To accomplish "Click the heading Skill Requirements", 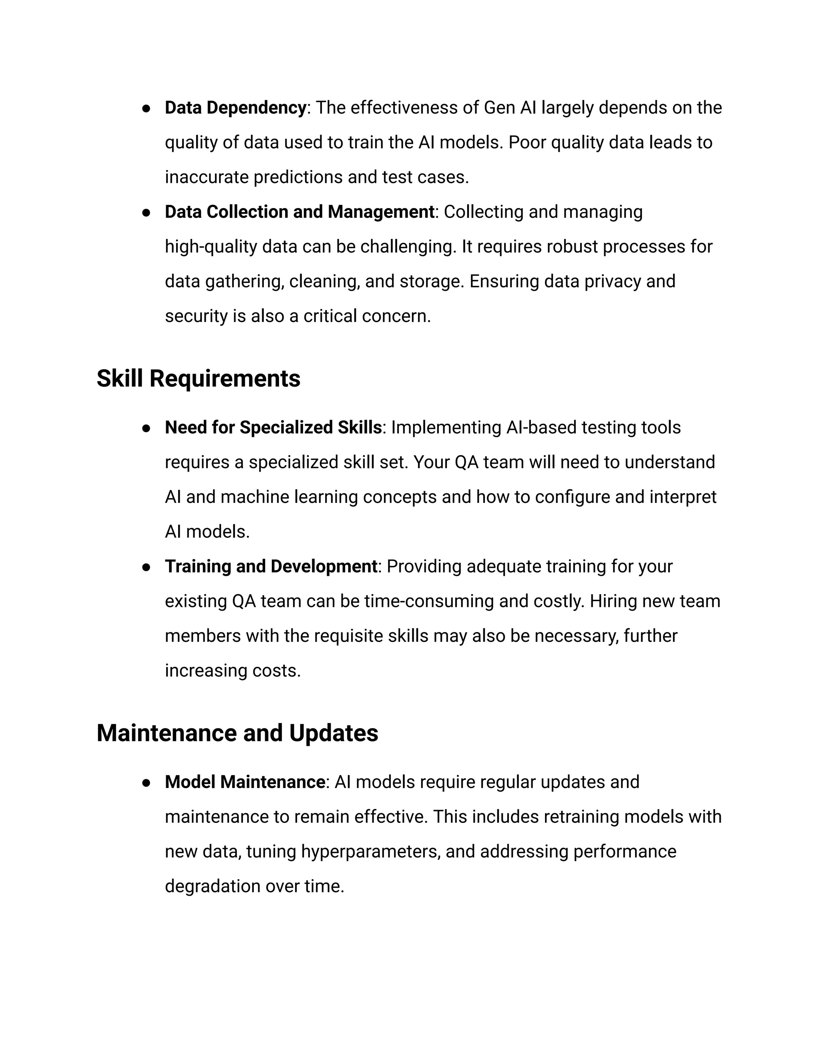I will [x=198, y=378].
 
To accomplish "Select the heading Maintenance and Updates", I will [x=237, y=733].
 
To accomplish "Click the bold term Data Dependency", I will [x=235, y=107].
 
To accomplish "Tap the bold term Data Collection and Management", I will [x=299, y=212].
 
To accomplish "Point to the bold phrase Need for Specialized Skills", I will [x=273, y=428].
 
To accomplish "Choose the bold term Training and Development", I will [x=271, y=567].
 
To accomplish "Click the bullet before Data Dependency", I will [x=146, y=109].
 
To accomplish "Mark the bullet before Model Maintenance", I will [x=146, y=783].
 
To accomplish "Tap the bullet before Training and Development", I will [x=146, y=567].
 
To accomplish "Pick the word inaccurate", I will [x=207, y=177].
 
